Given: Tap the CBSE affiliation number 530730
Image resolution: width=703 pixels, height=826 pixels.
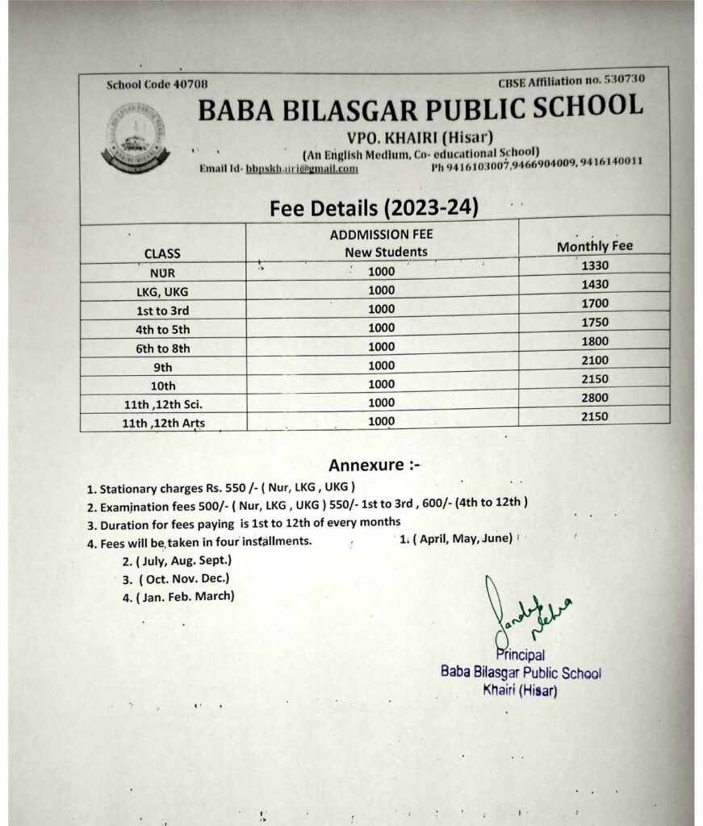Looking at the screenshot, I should pos(623,79).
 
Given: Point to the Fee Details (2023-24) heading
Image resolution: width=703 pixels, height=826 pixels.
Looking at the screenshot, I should pos(375,207).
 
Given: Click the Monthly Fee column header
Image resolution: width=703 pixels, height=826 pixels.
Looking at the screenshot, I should pos(595,246).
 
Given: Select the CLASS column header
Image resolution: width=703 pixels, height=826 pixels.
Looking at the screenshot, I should pos(162,253).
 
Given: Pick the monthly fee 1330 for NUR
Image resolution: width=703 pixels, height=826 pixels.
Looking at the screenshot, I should pos(594,265).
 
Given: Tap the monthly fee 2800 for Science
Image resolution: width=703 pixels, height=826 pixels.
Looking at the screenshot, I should pos(594,398).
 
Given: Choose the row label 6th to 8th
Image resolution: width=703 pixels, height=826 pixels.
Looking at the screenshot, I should pos(162,348).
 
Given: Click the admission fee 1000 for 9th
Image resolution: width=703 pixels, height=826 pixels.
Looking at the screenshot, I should pos(381,365).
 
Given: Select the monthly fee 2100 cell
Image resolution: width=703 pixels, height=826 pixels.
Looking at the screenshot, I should pos(594,360).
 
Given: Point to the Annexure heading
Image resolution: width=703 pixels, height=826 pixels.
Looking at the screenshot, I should pos(375,465).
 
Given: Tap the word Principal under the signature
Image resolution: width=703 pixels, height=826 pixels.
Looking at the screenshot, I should pos(521,656).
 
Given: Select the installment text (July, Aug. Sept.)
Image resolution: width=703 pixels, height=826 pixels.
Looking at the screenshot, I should pos(177,560).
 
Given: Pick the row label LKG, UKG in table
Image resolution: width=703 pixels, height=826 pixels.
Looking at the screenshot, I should pos(162,291).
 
